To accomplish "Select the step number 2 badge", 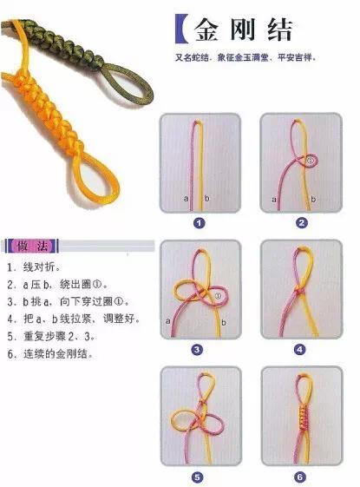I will (302, 222).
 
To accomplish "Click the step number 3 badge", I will (199, 349).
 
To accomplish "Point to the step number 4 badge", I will (300, 349).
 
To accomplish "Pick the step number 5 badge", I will (199, 476).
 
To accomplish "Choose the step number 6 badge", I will (300, 476).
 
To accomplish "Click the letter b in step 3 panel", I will (223, 322).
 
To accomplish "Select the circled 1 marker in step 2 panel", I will (311, 161).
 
